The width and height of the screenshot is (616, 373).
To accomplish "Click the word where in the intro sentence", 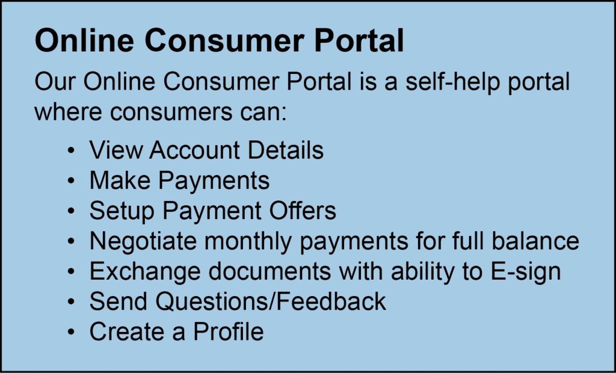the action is tap(67, 111).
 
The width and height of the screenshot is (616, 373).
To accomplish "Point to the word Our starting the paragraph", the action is tap(55, 82).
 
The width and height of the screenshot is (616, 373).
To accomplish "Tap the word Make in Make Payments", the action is tap(120, 180).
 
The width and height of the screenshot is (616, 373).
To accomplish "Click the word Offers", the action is tap(303, 211).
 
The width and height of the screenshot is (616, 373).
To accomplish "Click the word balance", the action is tap(535, 241).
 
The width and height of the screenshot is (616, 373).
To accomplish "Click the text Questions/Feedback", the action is tap(271, 301).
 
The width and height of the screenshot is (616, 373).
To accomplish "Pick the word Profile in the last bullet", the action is tap(228, 331).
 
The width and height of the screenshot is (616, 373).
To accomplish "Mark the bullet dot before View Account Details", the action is tap(71, 151).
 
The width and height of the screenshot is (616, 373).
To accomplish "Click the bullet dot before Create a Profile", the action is tap(71, 333).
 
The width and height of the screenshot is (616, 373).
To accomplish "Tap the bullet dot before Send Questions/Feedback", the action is tap(71, 302).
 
